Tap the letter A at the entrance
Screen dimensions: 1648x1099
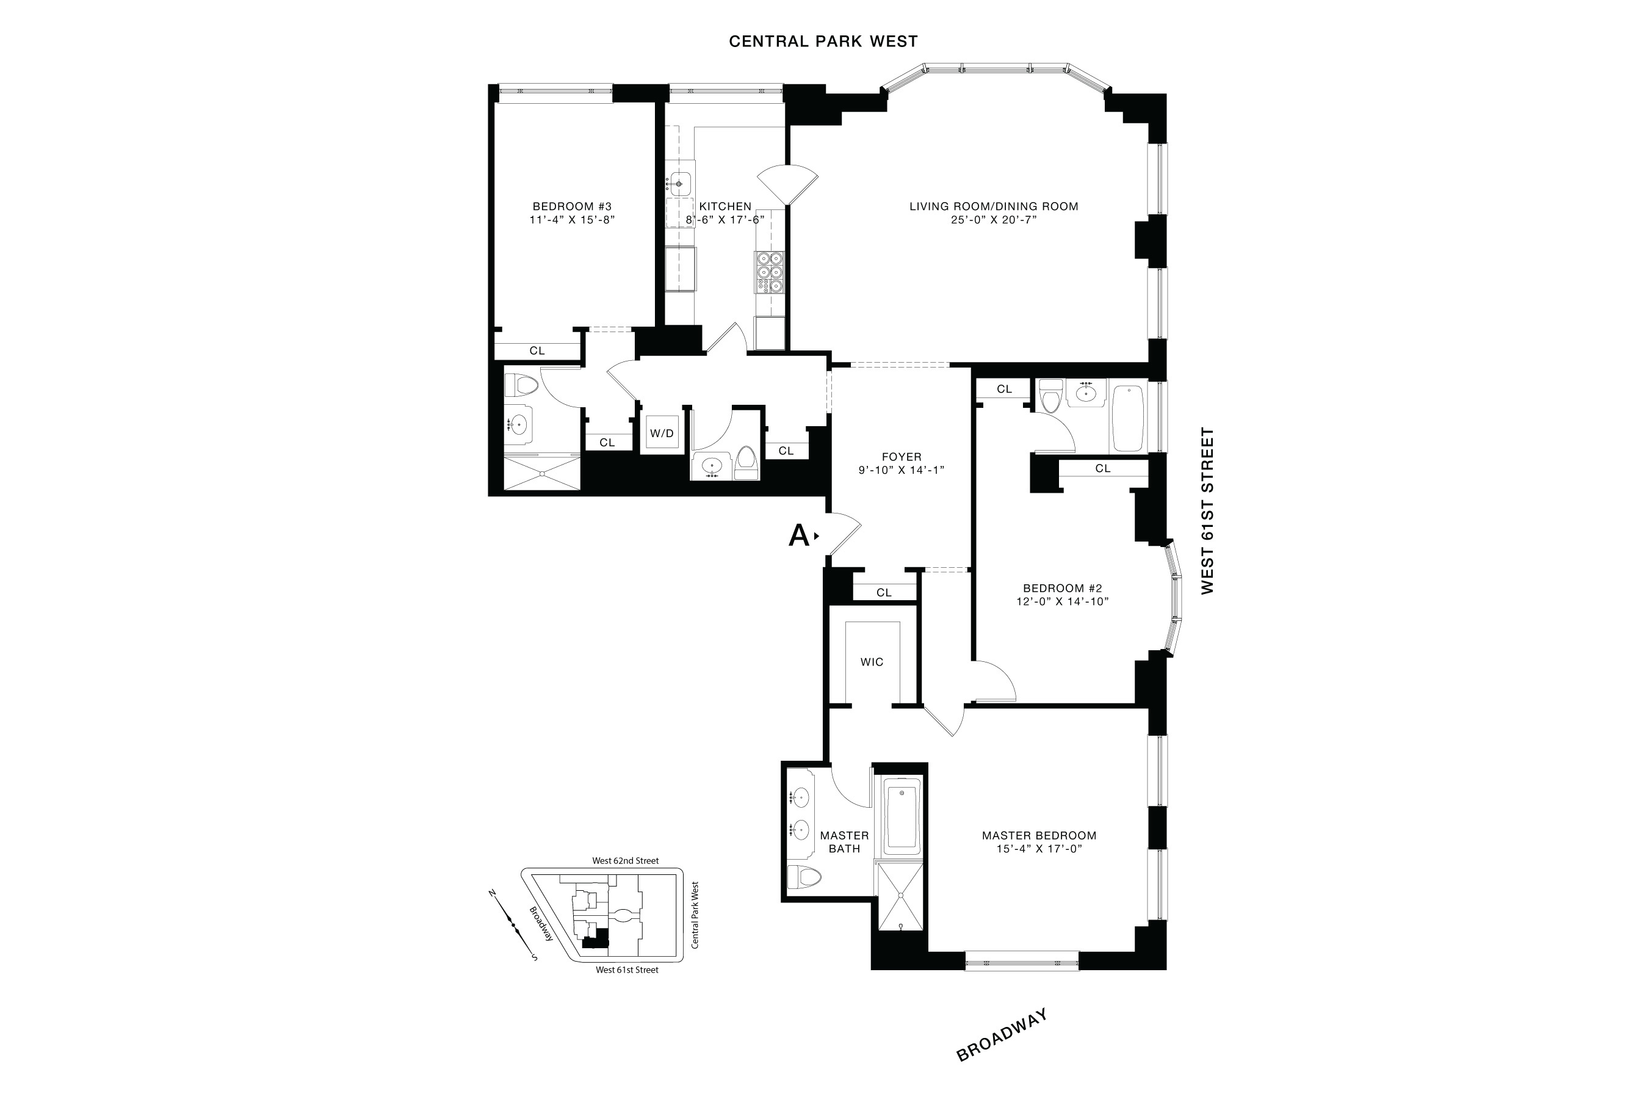[x=799, y=535]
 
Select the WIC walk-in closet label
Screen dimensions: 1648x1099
[x=872, y=662]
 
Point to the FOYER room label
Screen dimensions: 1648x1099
[x=902, y=457]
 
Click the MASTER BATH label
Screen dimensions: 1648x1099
[x=844, y=842]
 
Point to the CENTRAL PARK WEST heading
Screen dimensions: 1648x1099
[x=823, y=42]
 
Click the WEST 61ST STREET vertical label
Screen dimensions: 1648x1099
[x=1207, y=511]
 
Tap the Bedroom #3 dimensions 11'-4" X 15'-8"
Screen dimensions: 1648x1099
[x=572, y=220]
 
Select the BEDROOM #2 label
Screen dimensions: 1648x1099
[x=1062, y=588]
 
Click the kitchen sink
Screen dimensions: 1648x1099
[x=678, y=184]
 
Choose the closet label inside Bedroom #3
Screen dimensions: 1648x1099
[x=537, y=350]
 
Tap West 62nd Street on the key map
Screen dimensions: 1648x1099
[x=625, y=861]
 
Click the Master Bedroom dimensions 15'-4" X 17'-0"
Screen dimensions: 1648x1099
[x=1039, y=849]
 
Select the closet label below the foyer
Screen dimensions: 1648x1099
[x=884, y=593]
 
